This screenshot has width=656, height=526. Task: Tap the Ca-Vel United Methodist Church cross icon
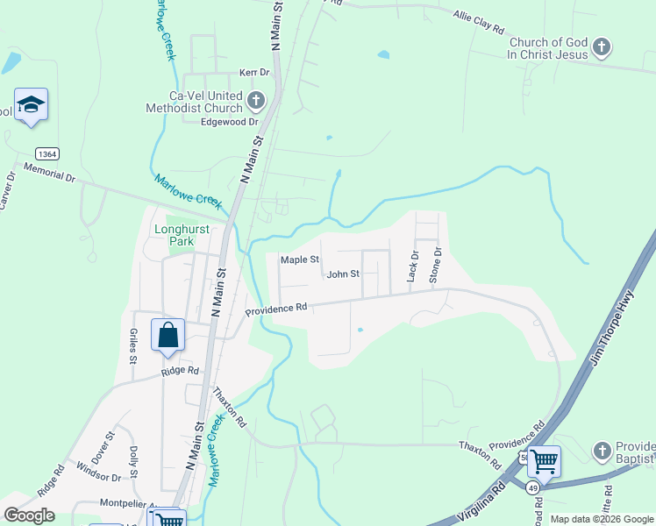point(256,100)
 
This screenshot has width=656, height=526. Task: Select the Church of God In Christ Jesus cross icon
point(601,47)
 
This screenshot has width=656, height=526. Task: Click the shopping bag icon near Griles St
point(168,336)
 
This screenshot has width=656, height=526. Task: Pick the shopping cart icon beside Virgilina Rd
point(544,460)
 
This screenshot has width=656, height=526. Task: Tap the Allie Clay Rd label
point(479,23)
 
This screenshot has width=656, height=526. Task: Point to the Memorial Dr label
point(49,172)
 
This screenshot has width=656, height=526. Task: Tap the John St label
point(343,274)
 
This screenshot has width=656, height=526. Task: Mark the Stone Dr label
point(436,264)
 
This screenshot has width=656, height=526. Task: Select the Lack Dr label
point(413,266)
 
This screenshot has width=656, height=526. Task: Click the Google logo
point(29,515)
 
